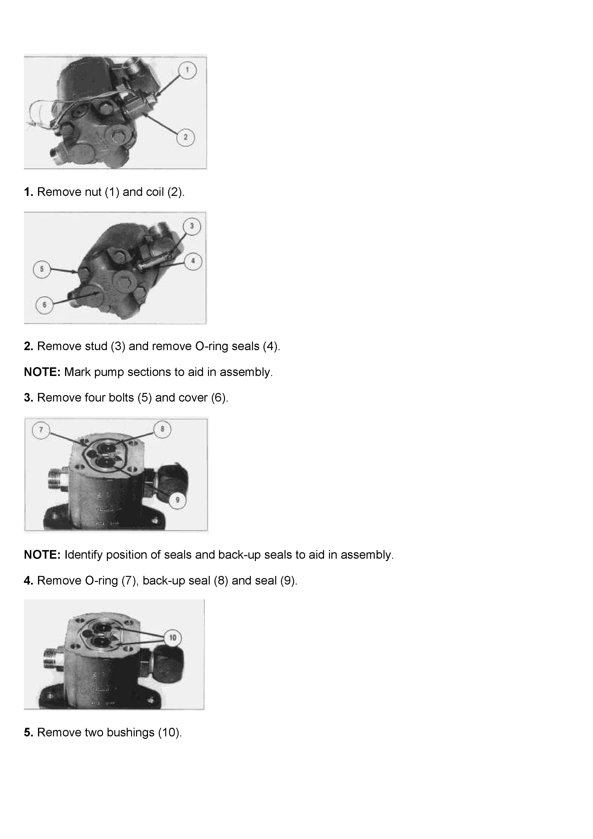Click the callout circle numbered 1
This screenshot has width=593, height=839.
(187, 70)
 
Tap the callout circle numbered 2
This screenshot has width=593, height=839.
(186, 137)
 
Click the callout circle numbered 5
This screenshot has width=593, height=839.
(42, 269)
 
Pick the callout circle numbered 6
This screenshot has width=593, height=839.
(44, 305)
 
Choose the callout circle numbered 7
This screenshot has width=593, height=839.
(41, 430)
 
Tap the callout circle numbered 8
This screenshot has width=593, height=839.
(162, 429)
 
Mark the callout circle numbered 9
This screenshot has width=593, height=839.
(178, 500)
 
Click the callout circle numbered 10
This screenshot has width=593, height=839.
(172, 638)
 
